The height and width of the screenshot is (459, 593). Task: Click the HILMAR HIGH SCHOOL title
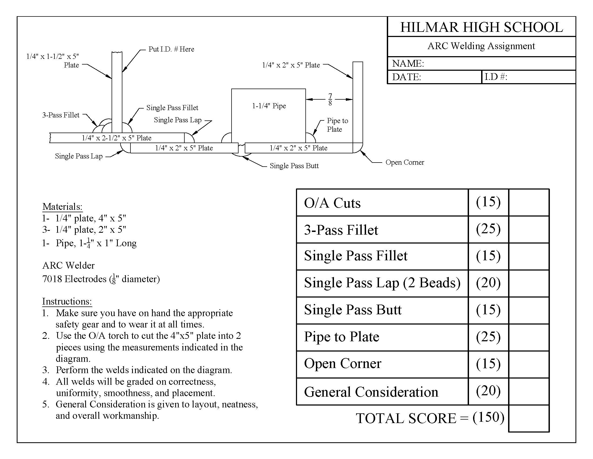click(x=481, y=27)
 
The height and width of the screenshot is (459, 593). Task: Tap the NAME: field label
click(x=408, y=64)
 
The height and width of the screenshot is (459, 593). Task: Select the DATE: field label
click(x=406, y=77)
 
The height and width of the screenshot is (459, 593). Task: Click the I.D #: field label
click(x=496, y=77)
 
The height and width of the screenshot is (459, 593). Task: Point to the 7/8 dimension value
click(x=330, y=100)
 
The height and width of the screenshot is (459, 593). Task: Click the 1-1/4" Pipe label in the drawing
click(x=269, y=106)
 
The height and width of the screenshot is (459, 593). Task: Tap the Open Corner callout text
click(x=405, y=162)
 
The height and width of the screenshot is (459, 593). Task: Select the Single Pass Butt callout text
click(x=294, y=166)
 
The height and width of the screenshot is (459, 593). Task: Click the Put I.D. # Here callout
click(x=171, y=49)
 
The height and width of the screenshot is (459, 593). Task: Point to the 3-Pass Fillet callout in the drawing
click(x=61, y=115)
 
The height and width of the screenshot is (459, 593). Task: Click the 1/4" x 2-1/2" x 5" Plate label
click(x=116, y=138)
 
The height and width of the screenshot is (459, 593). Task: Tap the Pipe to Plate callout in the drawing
click(x=337, y=125)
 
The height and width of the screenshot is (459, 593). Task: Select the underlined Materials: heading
click(x=63, y=207)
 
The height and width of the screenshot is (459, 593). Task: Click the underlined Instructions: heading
click(x=67, y=301)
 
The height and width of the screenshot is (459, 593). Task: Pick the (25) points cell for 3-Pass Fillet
click(x=488, y=229)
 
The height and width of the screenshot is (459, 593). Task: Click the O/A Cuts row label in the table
click(x=332, y=203)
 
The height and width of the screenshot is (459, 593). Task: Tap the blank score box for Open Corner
click(x=529, y=364)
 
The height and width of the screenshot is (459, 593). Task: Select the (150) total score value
click(x=488, y=417)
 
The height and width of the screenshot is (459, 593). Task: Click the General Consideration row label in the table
click(x=371, y=392)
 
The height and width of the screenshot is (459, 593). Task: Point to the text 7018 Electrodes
click(x=74, y=279)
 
